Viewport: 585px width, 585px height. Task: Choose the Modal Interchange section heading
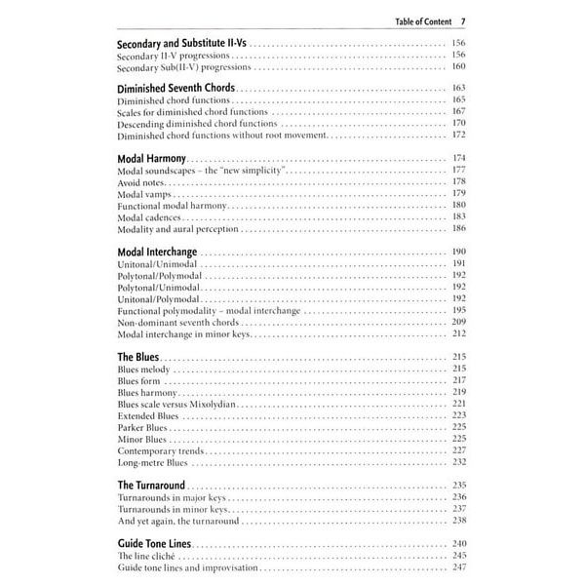click(156, 252)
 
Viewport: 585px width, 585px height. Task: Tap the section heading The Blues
click(138, 357)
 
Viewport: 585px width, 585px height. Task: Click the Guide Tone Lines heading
click(155, 542)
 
